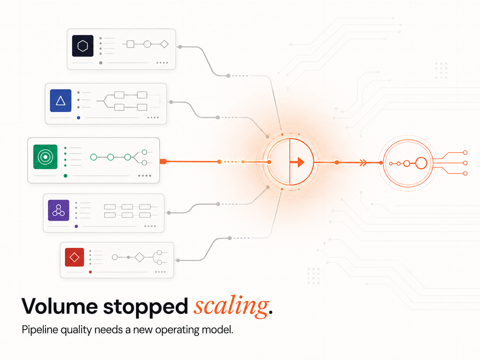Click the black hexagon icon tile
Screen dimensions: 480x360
click(x=83, y=46)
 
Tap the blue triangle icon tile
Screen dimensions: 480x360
click(x=61, y=100)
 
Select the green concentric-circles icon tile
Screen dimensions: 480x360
click(x=45, y=157)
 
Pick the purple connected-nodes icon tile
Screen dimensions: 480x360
click(x=59, y=210)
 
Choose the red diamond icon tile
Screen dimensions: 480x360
click(x=74, y=257)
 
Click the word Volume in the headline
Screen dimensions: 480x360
click(x=59, y=306)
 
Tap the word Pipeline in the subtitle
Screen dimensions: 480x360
click(x=40, y=330)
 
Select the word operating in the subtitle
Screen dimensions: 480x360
click(x=177, y=330)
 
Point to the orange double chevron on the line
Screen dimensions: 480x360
click(x=363, y=163)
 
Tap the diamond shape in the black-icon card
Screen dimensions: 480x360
click(x=164, y=44)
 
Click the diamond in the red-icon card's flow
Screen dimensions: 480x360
click(x=140, y=257)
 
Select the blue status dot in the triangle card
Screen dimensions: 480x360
click(x=79, y=118)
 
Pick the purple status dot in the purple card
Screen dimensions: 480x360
click(x=76, y=226)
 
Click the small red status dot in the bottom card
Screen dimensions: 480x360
click(x=90, y=272)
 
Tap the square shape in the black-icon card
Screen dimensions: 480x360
click(x=130, y=44)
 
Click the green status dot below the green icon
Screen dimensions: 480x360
click(x=65, y=176)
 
